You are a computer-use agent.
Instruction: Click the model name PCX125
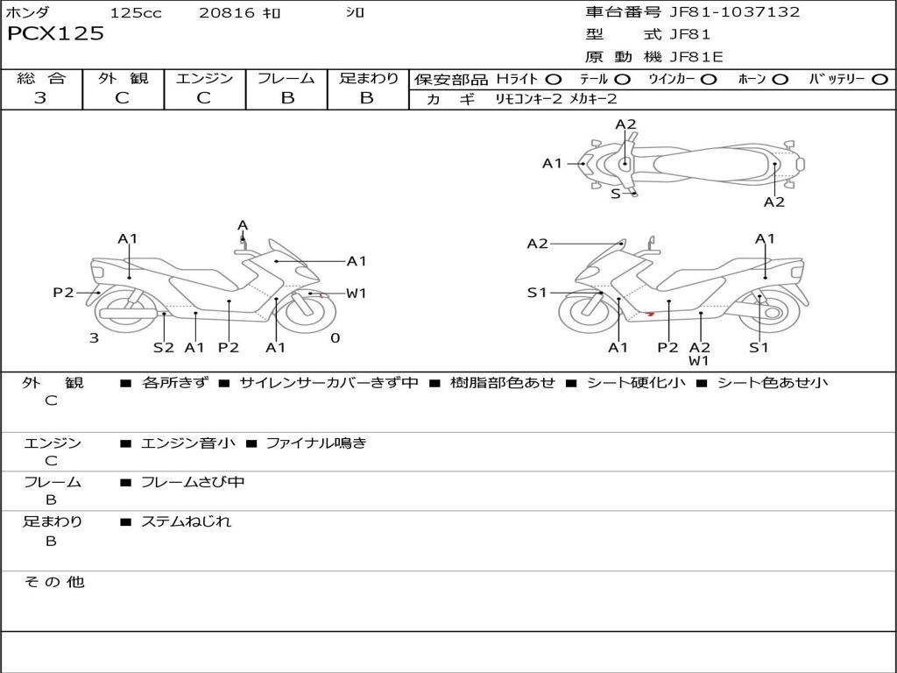55,34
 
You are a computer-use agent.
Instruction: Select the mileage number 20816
226,12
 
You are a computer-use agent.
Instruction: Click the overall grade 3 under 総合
40,98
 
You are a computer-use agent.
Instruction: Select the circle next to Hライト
553,79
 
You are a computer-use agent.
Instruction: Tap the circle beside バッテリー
879,79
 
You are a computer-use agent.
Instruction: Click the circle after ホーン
780,79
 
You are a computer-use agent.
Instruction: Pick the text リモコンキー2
528,99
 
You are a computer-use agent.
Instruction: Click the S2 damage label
164,347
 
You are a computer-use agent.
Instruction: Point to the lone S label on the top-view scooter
615,194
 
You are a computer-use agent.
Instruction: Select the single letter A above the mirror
243,225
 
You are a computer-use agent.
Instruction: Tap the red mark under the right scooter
649,313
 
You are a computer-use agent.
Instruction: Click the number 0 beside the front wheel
335,337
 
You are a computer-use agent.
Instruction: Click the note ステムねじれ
186,521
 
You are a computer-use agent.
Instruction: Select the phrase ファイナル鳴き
315,443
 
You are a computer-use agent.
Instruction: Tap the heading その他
53,582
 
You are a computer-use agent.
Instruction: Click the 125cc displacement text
136,12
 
